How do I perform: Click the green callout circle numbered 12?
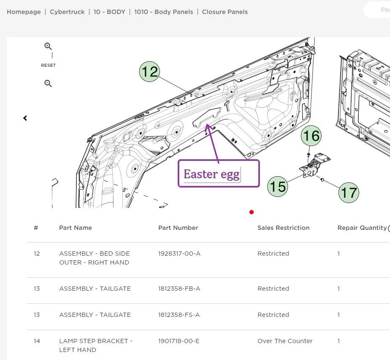coord(149,71)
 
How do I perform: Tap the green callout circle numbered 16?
coord(311,136)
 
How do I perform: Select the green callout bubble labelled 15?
coord(278,186)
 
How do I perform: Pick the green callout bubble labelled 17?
coord(349,192)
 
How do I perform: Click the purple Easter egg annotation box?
coord(219,174)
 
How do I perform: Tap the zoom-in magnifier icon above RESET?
coord(48,46)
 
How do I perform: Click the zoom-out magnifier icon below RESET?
coord(48,83)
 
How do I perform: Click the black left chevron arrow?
coord(25,118)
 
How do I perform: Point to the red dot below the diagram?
coord(252,212)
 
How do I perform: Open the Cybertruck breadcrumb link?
coord(67,12)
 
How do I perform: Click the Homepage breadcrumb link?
coord(24,12)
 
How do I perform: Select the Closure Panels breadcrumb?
coord(225,12)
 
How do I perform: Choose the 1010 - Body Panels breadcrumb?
coord(164,12)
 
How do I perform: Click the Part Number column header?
coord(178,228)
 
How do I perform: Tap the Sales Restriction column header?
coord(284,228)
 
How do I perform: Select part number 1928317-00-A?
coord(179,254)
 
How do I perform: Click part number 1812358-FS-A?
coord(179,315)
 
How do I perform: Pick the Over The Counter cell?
coord(285,341)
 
